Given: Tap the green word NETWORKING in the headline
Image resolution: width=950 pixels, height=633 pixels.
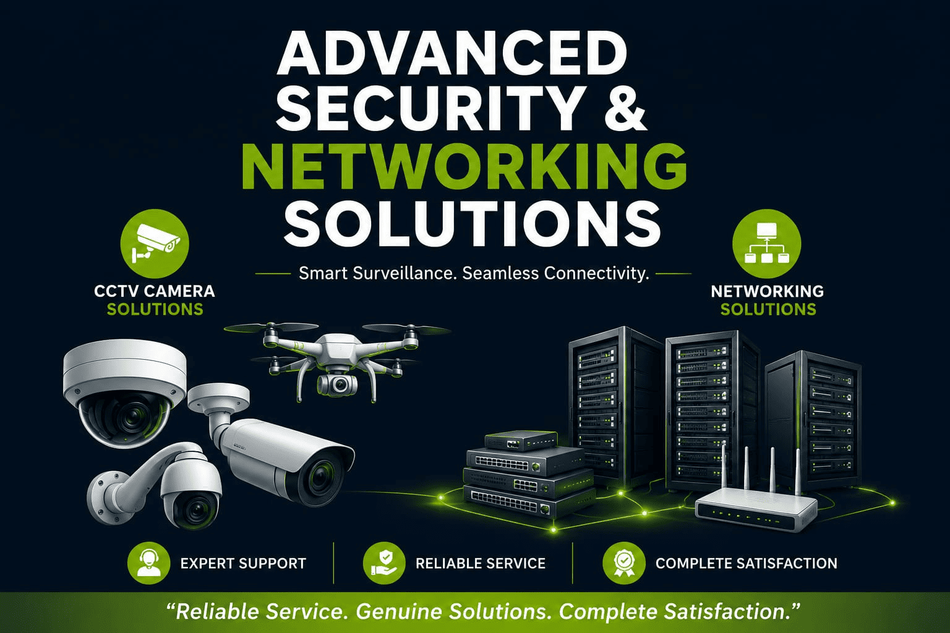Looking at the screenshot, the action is pos(464,167).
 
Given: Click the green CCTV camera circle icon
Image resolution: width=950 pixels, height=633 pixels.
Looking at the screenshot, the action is pos(155,244).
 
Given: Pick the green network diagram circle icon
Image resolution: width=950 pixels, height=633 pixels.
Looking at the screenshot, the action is pos(767,244).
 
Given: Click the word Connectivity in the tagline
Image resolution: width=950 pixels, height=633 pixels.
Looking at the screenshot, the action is pos(597,273).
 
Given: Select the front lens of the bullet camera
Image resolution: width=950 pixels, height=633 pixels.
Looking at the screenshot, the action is pos(320,474).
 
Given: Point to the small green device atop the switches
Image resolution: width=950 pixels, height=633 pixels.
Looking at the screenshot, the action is pos(521,440).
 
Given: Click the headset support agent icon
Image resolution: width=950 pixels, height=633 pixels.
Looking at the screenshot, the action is pos(148,563).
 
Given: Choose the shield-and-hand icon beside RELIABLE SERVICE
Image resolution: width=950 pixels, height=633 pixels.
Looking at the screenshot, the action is pos(384,563).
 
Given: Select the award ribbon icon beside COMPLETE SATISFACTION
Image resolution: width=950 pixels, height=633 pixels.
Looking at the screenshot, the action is pos(624,563).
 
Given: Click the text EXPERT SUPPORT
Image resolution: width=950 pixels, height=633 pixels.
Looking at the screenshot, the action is pos(243,564).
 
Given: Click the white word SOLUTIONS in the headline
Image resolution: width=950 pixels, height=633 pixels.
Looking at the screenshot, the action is pos(472,223).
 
